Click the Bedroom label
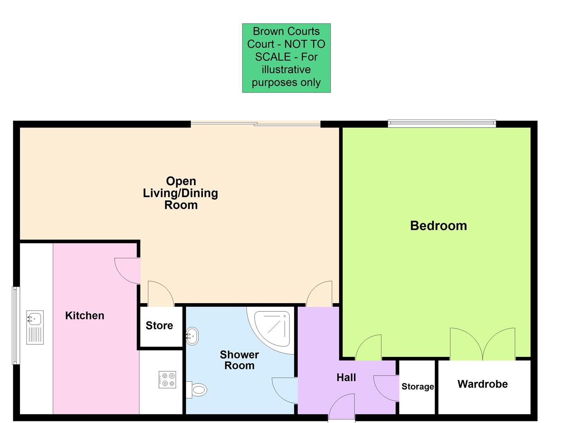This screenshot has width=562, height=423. click(438, 226)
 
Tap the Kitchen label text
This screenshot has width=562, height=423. click(85, 316)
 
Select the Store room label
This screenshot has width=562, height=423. click(159, 325)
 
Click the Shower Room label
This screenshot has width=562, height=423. click(239, 360)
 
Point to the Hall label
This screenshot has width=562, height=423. click(346, 378)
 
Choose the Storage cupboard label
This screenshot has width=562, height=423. click(417, 387)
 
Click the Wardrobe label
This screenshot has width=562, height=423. click(482, 384)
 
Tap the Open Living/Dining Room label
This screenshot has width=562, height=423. click(181, 193)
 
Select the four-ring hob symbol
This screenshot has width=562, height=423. click(167, 380)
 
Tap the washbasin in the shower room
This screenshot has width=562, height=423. click(192, 336)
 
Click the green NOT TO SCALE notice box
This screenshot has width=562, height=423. click(286, 58)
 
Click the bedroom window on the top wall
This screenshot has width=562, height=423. click(442, 124)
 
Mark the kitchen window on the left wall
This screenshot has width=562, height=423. click(16, 325)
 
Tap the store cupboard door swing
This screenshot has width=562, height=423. click(160, 294)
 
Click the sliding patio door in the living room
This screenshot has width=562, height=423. click(255, 124)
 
